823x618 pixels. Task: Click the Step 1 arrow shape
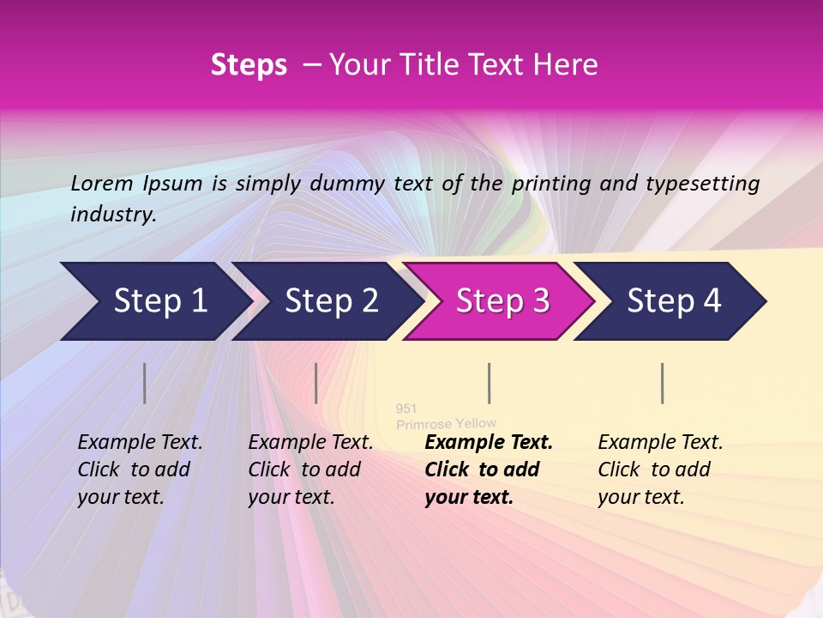pos(154,301)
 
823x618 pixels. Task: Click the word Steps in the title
pos(249,65)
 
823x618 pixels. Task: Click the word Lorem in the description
pos(101,183)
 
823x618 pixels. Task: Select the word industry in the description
pos(112,215)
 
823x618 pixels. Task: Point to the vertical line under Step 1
pos(145,383)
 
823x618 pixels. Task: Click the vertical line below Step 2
pos(316,383)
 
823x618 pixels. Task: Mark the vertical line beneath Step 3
pos(489,383)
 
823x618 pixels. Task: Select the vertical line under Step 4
pos(662,383)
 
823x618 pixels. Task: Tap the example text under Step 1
pos(140,470)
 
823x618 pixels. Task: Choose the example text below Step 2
pos(310,470)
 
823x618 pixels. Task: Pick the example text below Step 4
pos(660,470)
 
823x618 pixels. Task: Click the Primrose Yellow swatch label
pos(446,423)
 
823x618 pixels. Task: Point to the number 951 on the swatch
pos(405,409)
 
